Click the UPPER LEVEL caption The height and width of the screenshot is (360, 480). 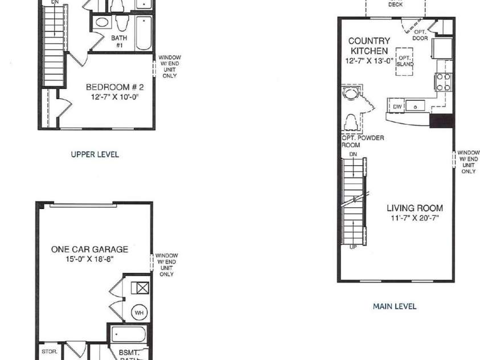tap(95, 154)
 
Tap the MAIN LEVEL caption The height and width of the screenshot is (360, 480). tap(395, 306)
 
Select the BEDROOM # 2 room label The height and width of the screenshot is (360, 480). tap(115, 87)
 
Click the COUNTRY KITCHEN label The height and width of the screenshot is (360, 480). tap(369, 46)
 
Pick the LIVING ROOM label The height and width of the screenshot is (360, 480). tap(415, 208)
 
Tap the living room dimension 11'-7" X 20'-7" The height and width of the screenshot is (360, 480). tap(415, 218)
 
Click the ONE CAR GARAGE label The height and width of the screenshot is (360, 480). tap(89, 249)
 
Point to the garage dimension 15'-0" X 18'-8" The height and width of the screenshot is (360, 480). tap(89, 259)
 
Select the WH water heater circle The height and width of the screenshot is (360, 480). tap(140, 313)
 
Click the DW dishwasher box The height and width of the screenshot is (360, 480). tap(397, 107)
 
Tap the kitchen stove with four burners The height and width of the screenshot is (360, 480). tap(443, 82)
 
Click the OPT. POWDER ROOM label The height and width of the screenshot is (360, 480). tap(363, 141)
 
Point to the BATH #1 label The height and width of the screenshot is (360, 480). tap(119, 42)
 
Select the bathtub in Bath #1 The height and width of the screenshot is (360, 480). tap(143, 34)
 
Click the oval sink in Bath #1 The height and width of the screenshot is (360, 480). tap(102, 23)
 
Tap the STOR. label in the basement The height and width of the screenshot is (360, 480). tap(50, 351)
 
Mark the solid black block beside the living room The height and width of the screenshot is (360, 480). tap(441, 120)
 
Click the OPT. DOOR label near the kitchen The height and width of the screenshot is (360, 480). tap(420, 35)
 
